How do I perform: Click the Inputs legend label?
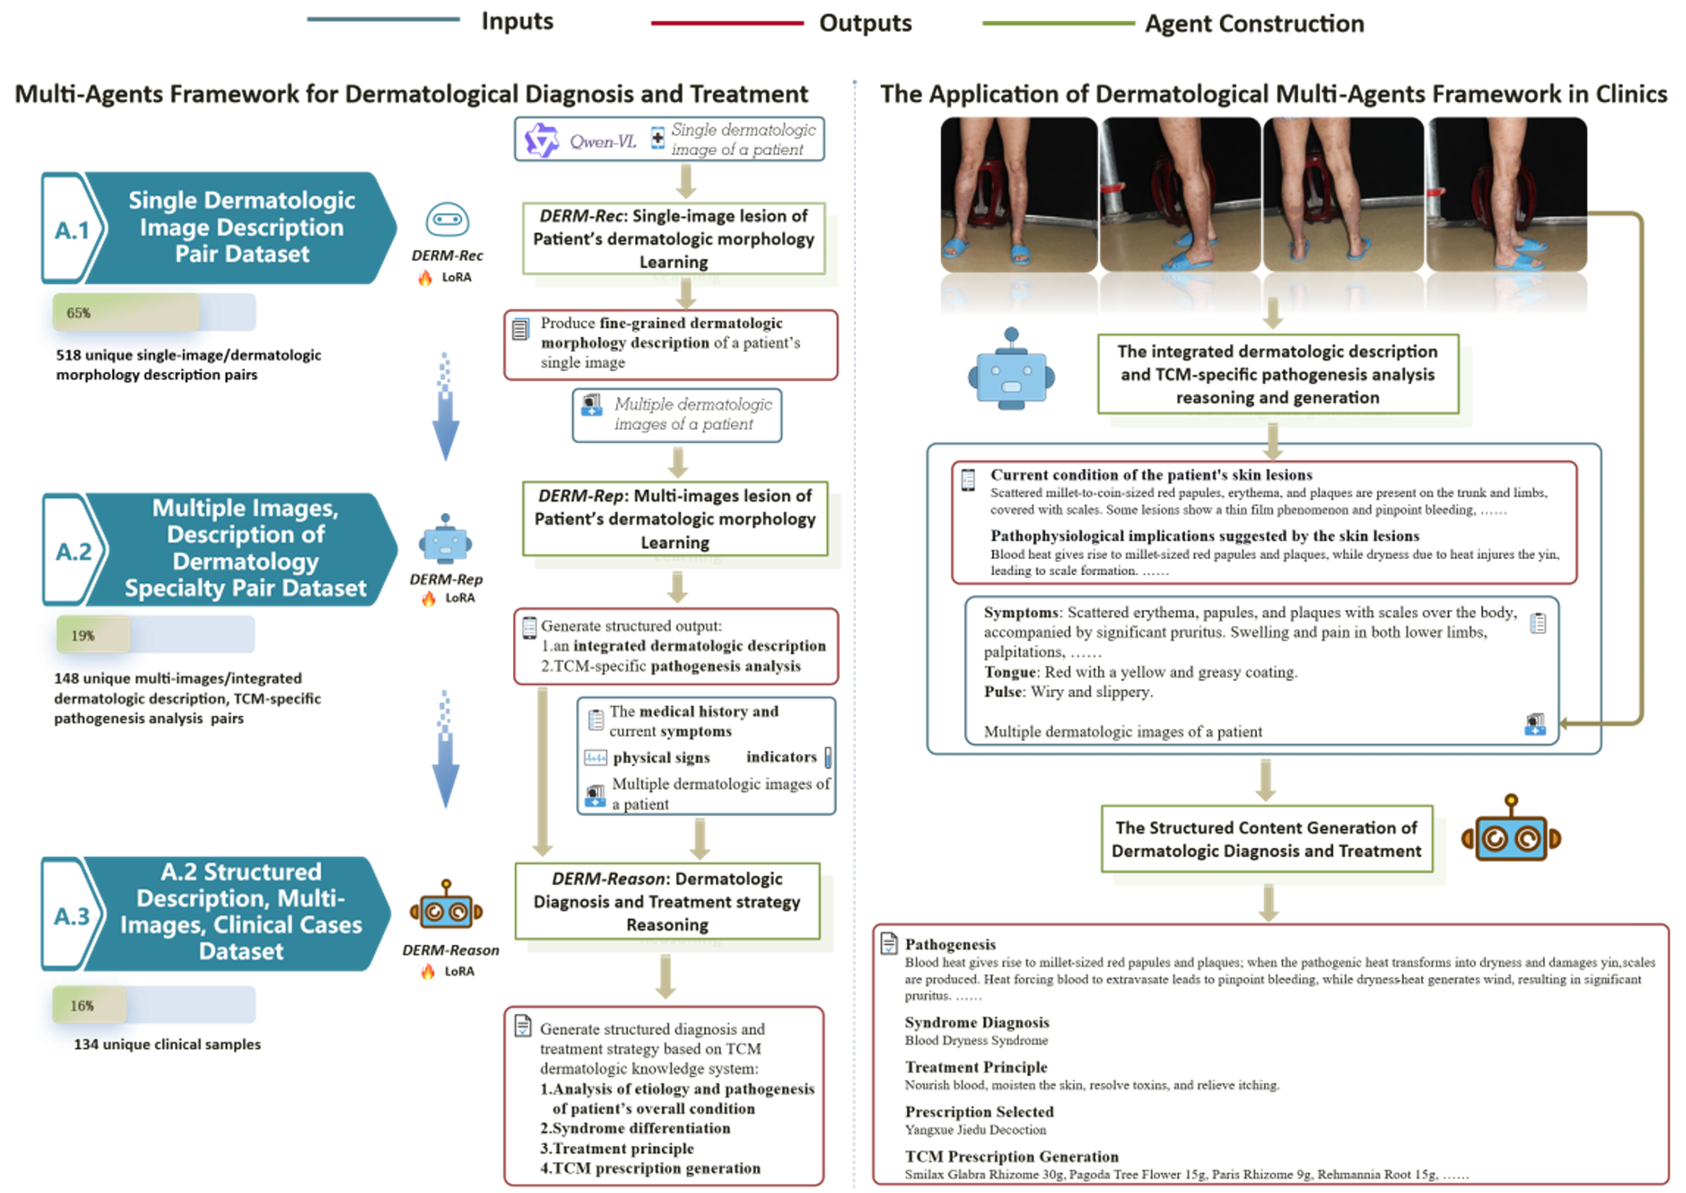click(517, 22)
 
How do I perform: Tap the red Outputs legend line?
click(726, 23)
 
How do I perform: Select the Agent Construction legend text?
click(1254, 24)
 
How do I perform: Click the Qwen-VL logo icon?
click(541, 140)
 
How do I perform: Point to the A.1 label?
click(72, 231)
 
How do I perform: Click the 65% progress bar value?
click(79, 313)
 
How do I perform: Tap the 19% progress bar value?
click(82, 635)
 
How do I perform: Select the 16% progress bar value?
click(82, 1006)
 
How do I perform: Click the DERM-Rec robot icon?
click(447, 220)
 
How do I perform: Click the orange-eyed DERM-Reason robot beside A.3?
click(446, 909)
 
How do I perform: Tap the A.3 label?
click(72, 916)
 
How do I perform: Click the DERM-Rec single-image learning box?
click(673, 239)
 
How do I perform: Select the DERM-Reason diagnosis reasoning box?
click(667, 901)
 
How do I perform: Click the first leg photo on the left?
click(1018, 195)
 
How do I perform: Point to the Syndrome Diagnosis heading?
click(976, 1022)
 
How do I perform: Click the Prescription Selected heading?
click(978, 1112)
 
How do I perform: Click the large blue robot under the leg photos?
click(1011, 371)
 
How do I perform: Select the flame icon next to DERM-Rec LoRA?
click(425, 278)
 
